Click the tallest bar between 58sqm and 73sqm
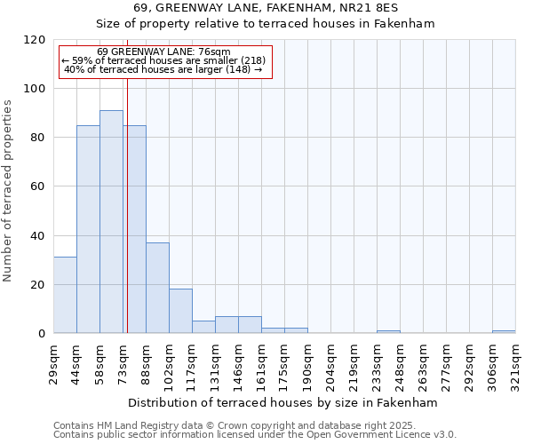tap(111, 222)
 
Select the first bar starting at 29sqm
tap(65, 295)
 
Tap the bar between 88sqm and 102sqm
tap(157, 288)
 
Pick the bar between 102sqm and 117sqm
tap(180, 311)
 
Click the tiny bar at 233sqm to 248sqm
tap(388, 331)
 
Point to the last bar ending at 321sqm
tap(504, 331)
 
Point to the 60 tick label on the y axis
tap(38, 186)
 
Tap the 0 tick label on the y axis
tap(42, 334)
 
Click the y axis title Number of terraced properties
tap(8, 190)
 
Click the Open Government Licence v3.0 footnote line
tap(255, 435)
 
